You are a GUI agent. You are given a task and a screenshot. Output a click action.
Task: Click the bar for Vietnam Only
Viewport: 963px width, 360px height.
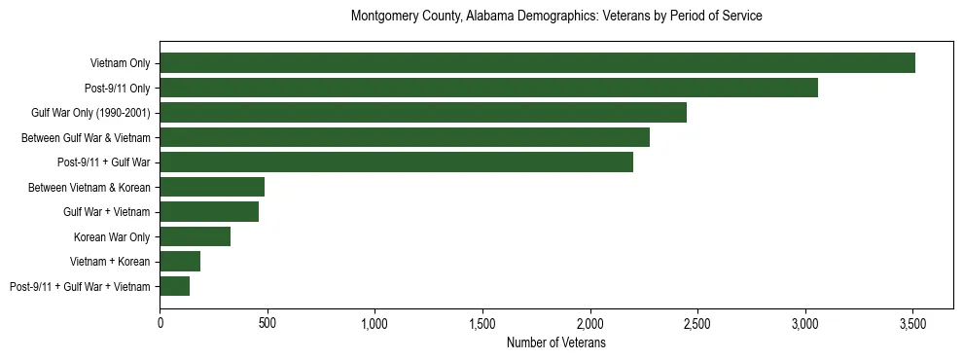537,63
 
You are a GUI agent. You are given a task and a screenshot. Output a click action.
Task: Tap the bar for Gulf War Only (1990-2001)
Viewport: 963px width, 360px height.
423,113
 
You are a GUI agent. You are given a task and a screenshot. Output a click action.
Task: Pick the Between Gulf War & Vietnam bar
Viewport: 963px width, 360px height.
405,138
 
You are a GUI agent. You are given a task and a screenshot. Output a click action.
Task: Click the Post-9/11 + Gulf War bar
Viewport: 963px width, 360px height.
396,162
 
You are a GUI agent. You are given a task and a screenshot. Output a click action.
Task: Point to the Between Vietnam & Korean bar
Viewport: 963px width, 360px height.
212,187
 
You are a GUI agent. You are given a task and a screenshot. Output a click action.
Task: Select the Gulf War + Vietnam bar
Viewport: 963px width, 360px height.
209,212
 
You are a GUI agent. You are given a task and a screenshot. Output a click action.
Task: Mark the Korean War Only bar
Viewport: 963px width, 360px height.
195,236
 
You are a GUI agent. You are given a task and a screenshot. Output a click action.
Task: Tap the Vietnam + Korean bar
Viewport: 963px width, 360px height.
180,262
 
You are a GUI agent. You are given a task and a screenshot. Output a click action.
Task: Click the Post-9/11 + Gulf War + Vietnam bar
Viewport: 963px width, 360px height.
174,286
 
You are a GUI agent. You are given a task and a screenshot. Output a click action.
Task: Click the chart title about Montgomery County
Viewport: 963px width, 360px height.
556,17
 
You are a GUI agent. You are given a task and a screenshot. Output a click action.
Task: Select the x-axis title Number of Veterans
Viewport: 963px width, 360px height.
556,342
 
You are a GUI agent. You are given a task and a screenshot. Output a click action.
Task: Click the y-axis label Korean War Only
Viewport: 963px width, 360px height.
112,236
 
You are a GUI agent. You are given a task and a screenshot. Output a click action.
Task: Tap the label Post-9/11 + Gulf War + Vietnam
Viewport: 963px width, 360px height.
80,286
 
